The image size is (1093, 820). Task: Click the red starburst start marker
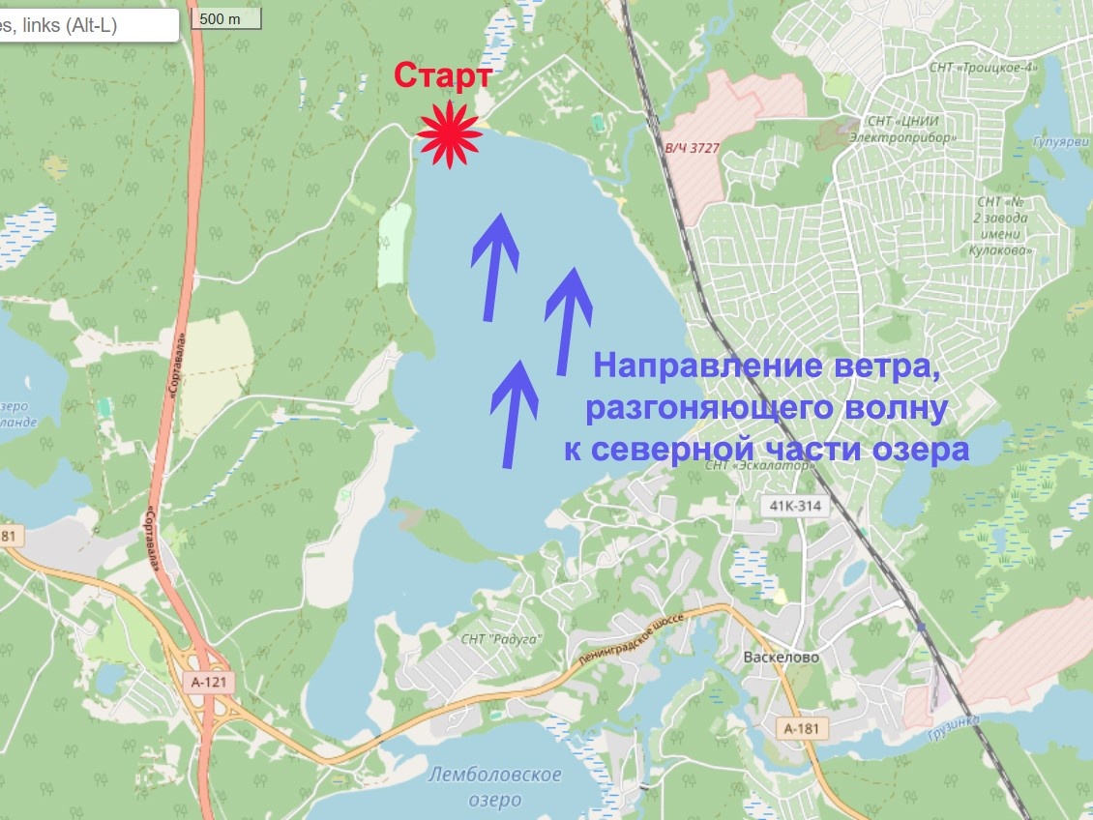pyautogui.click(x=450, y=135)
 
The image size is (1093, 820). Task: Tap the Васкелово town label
pyautogui.click(x=783, y=657)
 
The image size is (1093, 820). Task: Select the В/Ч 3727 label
pyautogui.click(x=692, y=148)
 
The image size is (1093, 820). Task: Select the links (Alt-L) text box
pyautogui.click(x=87, y=26)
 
